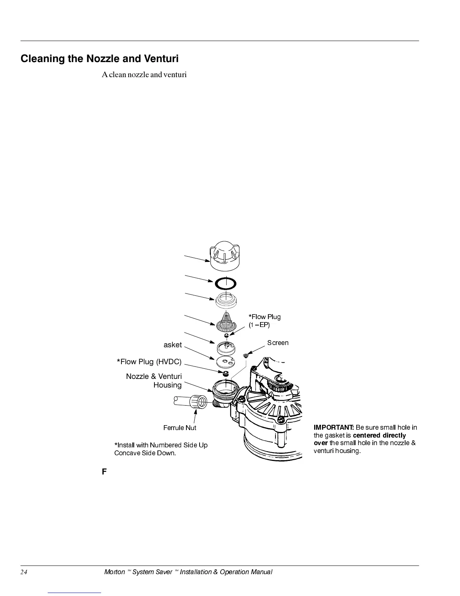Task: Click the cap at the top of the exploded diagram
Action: tap(225, 255)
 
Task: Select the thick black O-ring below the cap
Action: tap(225, 283)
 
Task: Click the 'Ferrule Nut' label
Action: tap(180, 428)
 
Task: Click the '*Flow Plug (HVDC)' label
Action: tap(149, 362)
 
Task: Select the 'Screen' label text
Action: tap(278, 343)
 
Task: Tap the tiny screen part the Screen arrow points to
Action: tap(246, 355)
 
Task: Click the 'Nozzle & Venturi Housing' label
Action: tap(154, 380)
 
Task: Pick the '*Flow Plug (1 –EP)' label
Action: tap(264, 321)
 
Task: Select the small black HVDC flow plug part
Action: tap(226, 374)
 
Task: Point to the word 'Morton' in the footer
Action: tap(114, 572)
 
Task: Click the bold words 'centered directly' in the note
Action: tap(379, 435)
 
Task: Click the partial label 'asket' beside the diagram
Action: tap(172, 345)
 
